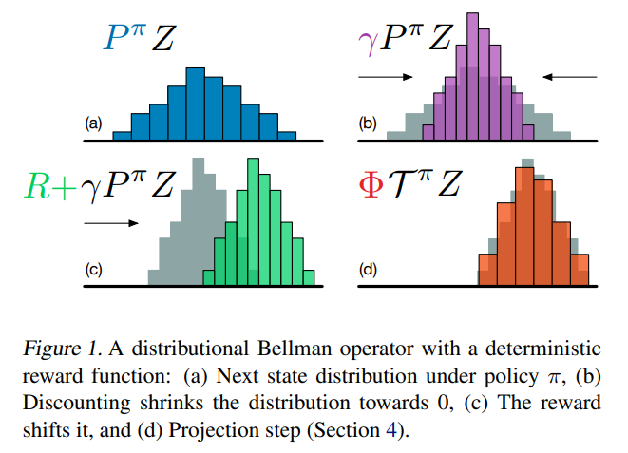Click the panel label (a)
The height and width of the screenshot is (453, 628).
pos(93,123)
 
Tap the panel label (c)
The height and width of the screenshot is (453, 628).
pos(93,269)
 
